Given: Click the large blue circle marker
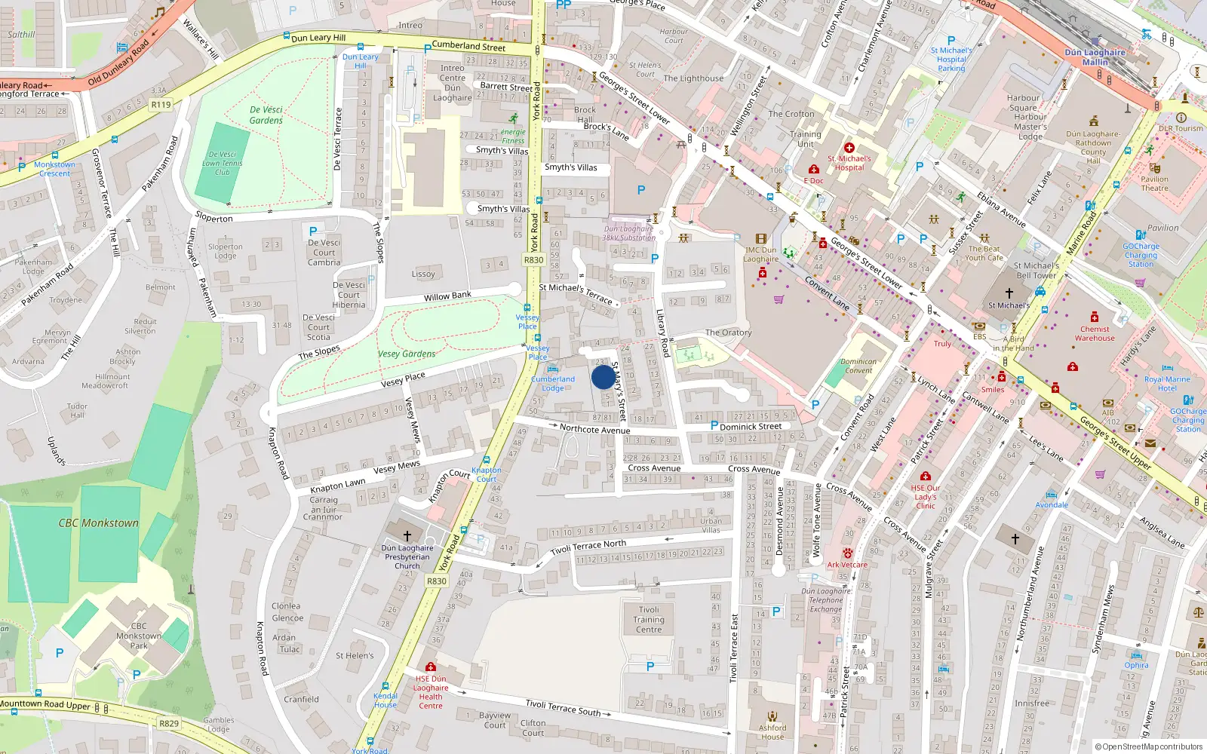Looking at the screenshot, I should click(603, 377).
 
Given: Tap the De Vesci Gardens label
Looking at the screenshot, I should click(266, 115).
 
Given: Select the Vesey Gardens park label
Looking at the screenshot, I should click(407, 354).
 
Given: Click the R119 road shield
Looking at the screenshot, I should click(161, 105).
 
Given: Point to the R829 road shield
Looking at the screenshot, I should click(169, 723).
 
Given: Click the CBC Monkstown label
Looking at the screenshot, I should click(99, 523).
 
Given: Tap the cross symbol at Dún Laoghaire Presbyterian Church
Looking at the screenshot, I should click(407, 535).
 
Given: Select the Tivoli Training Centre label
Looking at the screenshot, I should click(649, 619).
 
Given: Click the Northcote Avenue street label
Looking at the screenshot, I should click(594, 429).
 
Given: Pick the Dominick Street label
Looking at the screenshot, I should click(750, 426).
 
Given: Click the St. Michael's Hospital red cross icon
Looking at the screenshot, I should click(849, 148).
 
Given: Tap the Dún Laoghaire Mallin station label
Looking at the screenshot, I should click(1095, 57).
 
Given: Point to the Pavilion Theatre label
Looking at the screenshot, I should click(1154, 183).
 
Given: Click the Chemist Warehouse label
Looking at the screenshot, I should click(1095, 333).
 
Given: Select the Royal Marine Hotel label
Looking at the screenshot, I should click(1167, 384).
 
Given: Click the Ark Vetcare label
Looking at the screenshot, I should click(847, 564).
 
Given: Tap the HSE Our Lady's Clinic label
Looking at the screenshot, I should click(926, 496).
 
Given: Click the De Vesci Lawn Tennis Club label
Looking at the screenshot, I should click(222, 163).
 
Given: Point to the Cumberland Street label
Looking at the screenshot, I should click(468, 46).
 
